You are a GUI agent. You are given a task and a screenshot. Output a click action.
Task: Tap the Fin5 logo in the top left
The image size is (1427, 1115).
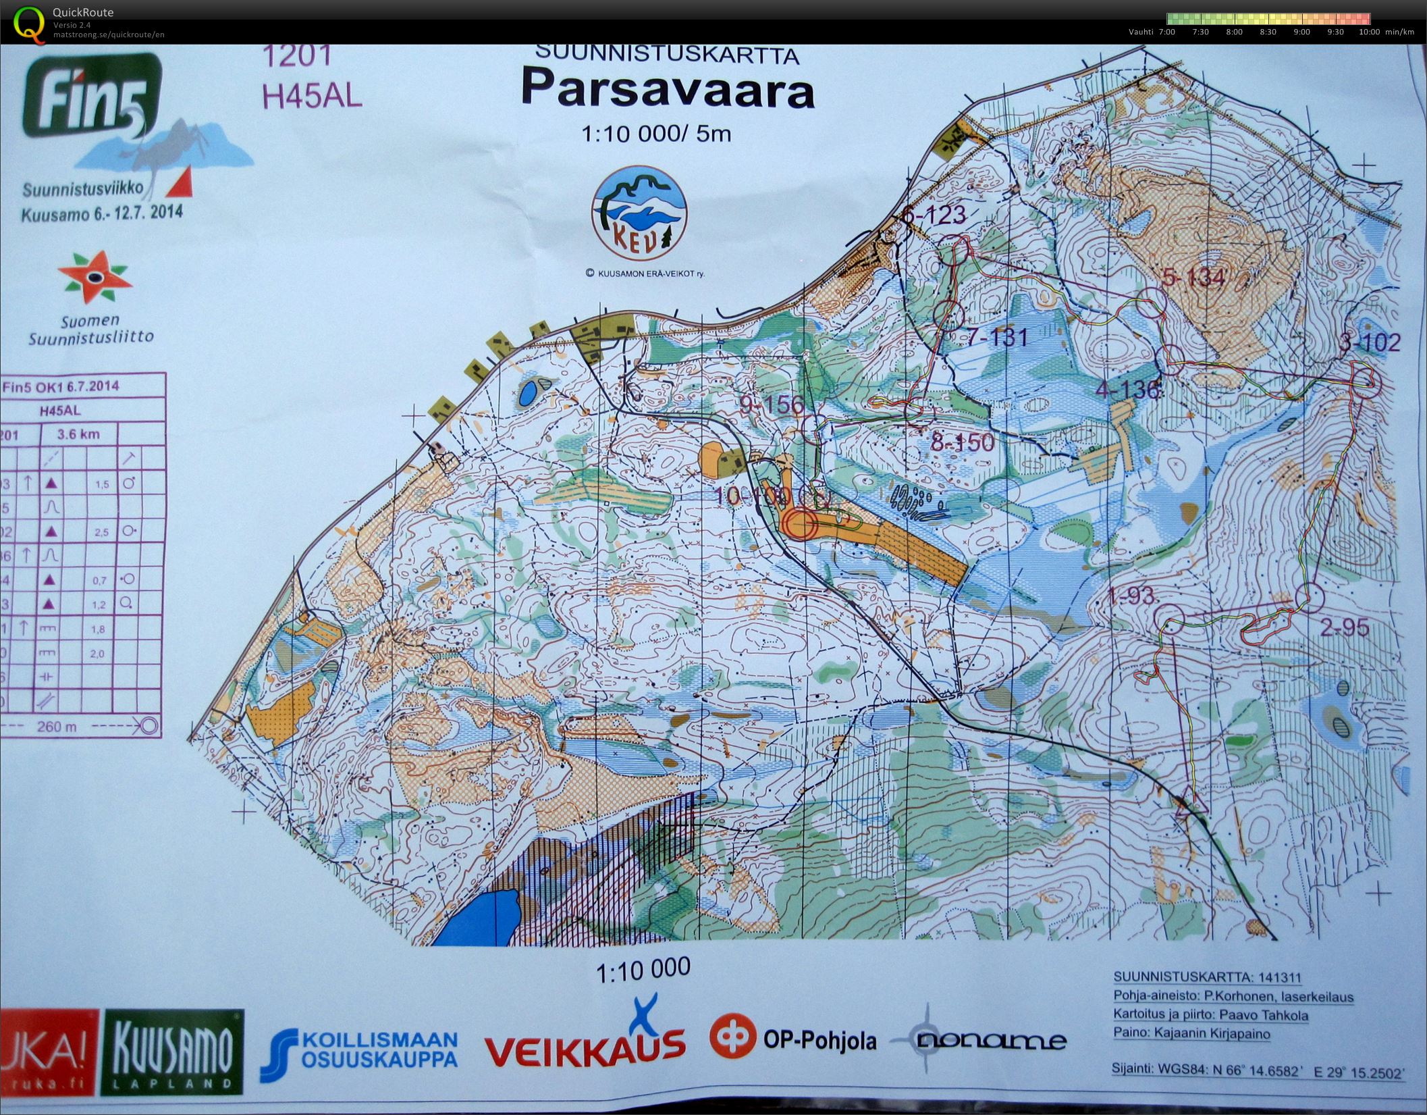point(92,98)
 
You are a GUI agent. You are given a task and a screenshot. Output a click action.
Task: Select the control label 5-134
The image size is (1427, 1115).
point(1194,278)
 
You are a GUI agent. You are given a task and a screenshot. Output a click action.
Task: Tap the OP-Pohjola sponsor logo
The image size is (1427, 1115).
point(792,1040)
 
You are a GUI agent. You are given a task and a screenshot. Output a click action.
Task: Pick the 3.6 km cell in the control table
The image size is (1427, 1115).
point(78,434)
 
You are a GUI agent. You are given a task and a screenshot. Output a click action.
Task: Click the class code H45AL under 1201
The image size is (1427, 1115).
point(311,95)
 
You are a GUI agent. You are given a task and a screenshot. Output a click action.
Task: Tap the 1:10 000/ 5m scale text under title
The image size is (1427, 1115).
point(655,134)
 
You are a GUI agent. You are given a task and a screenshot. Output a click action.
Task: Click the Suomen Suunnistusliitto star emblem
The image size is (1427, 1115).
point(94,277)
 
